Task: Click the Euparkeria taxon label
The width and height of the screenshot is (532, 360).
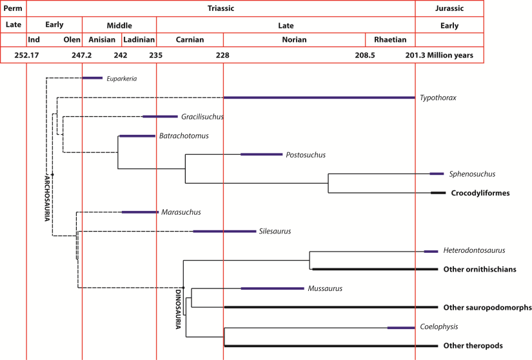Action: point(122,79)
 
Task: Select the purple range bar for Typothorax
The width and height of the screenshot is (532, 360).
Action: point(319,97)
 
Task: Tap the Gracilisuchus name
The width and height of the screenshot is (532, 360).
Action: point(202,117)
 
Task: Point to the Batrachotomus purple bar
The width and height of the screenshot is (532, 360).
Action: point(137,136)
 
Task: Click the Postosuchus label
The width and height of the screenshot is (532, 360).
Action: point(306,155)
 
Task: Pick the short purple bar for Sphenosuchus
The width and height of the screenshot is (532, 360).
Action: point(437,174)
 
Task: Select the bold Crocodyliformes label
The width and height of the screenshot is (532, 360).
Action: point(480,193)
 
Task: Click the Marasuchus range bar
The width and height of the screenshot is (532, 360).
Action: point(140,212)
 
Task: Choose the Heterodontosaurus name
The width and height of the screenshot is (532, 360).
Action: point(473,250)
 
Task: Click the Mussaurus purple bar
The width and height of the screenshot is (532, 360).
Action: point(271,288)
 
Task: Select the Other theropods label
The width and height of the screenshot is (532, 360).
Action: point(473,346)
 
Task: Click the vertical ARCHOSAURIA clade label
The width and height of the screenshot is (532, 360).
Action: point(46,197)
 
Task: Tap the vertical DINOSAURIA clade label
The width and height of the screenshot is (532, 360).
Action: point(179,309)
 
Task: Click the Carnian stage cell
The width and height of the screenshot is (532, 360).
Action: point(190,39)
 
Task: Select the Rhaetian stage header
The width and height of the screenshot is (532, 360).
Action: point(390,39)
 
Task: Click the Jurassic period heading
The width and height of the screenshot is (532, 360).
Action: point(449,8)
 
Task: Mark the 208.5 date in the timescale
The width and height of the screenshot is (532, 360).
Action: point(365,55)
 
